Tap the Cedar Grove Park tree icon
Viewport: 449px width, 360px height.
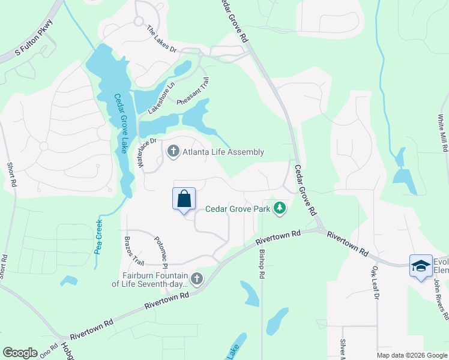click(x=279, y=208)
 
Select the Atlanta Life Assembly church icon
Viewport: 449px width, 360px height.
click(x=173, y=151)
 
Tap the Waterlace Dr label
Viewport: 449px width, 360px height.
click(x=148, y=154)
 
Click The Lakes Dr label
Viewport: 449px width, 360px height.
click(x=162, y=40)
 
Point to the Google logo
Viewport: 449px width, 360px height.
click(x=20, y=353)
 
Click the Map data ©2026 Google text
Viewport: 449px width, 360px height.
click(x=411, y=355)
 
